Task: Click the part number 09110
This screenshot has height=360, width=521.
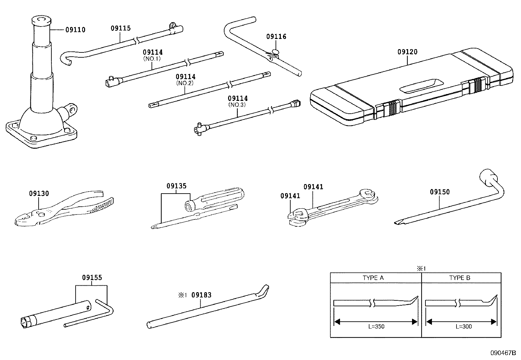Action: [x=75, y=30]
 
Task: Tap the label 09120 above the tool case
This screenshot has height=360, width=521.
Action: [x=407, y=52]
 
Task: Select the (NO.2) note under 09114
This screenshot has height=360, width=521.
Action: [x=185, y=83]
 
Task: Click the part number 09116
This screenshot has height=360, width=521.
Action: [x=276, y=37]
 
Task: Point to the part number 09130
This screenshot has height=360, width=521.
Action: [x=39, y=193]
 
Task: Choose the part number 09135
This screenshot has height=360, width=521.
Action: [x=176, y=186]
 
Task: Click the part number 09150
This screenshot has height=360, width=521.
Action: [x=440, y=192]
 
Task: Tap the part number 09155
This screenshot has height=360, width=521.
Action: [x=92, y=277]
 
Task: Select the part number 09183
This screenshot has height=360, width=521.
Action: [x=201, y=295]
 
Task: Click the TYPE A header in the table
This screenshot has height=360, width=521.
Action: [x=373, y=278]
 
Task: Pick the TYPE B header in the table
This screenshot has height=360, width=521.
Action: [x=459, y=278]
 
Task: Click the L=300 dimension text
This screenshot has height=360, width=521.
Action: [x=463, y=326]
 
